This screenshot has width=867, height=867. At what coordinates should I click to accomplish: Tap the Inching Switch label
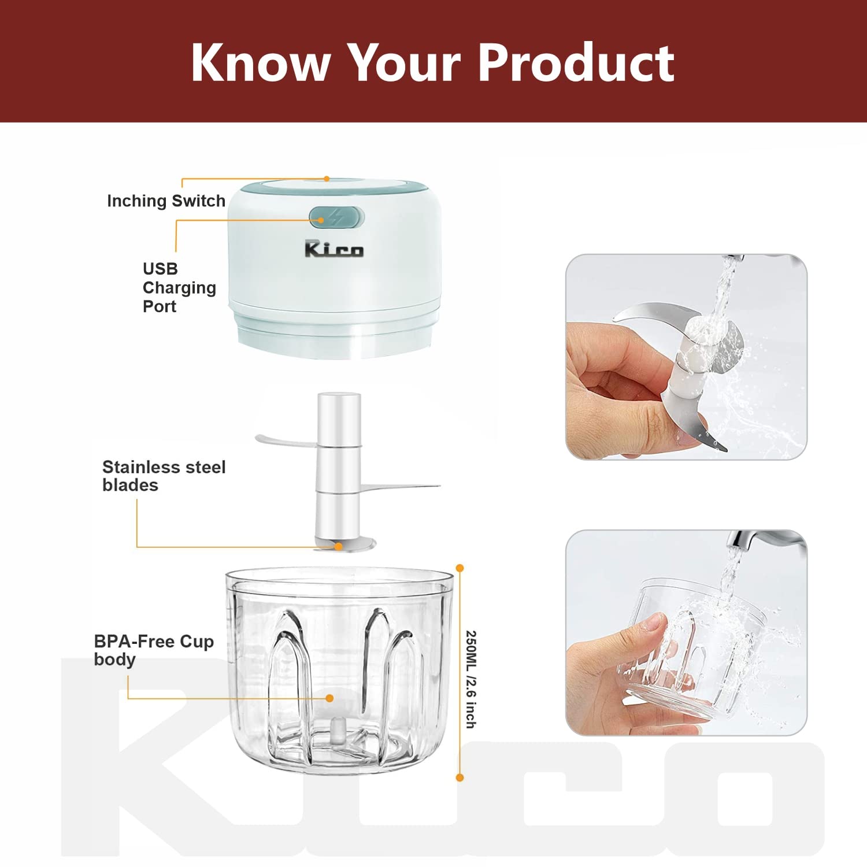click(166, 201)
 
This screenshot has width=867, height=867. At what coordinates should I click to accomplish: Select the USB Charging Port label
click(179, 287)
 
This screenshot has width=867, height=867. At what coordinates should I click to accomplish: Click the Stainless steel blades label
click(164, 476)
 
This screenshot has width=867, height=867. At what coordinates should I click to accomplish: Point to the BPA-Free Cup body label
click(154, 650)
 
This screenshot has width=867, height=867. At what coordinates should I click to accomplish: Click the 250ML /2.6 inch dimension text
click(471, 679)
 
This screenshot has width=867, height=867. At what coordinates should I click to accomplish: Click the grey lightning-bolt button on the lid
click(336, 217)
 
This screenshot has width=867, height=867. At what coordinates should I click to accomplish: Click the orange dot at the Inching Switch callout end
click(327, 179)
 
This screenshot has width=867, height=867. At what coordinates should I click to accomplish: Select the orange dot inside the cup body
click(329, 698)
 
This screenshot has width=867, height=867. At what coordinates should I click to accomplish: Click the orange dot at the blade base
click(339, 547)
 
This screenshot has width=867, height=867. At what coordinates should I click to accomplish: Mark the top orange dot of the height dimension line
click(460, 568)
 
